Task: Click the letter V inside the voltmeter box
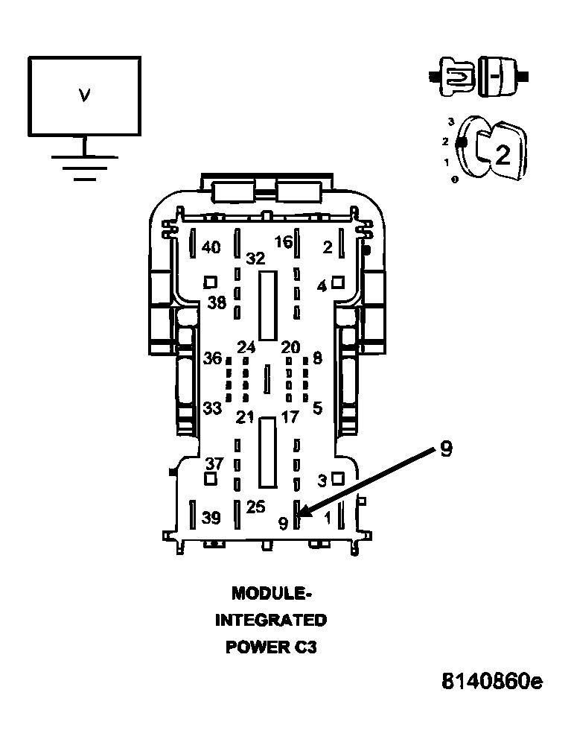click(84, 96)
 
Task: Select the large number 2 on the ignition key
click(503, 155)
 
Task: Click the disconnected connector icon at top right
click(479, 77)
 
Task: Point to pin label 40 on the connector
click(211, 247)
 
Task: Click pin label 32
click(255, 259)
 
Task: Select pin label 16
click(284, 242)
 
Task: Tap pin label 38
click(217, 302)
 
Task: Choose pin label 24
click(246, 347)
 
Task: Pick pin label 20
click(290, 347)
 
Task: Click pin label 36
click(212, 358)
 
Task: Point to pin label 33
click(212, 408)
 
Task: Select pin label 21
click(245, 418)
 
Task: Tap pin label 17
click(290, 417)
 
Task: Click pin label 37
click(214, 463)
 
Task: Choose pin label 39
click(211, 518)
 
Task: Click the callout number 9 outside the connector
click(446, 448)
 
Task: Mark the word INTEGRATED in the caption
click(271, 620)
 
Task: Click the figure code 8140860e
click(492, 682)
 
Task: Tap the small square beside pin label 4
click(337, 282)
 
